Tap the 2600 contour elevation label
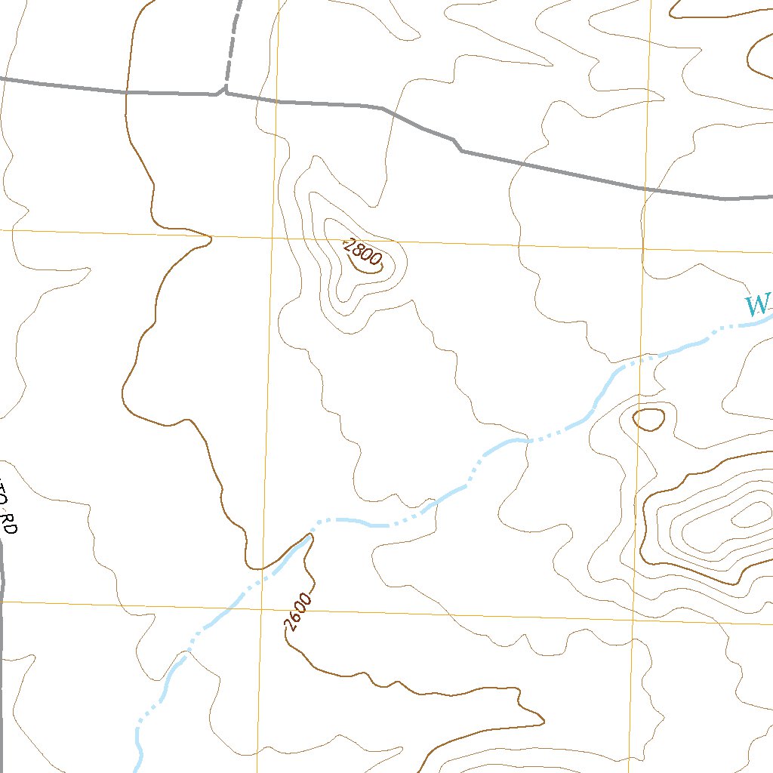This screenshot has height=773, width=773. pyautogui.click(x=297, y=612)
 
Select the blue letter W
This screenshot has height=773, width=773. pyautogui.click(x=757, y=306)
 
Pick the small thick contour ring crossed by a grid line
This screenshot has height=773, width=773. pyautogui.click(x=648, y=419)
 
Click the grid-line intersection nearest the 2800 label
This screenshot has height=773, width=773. pyautogui.click(x=273, y=238)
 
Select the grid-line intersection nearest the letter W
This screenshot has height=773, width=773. pyautogui.click(x=642, y=248)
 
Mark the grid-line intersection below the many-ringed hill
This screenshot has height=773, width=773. pyautogui.click(x=633, y=620)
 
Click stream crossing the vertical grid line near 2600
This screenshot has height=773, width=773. pyautogui.click(x=261, y=580)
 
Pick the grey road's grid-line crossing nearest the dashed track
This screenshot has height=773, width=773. pyautogui.click(x=277, y=100)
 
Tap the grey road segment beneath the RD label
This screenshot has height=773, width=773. pyautogui.click(x=2, y=574)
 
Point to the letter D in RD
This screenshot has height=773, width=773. pyautogui.click(x=10, y=528)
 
